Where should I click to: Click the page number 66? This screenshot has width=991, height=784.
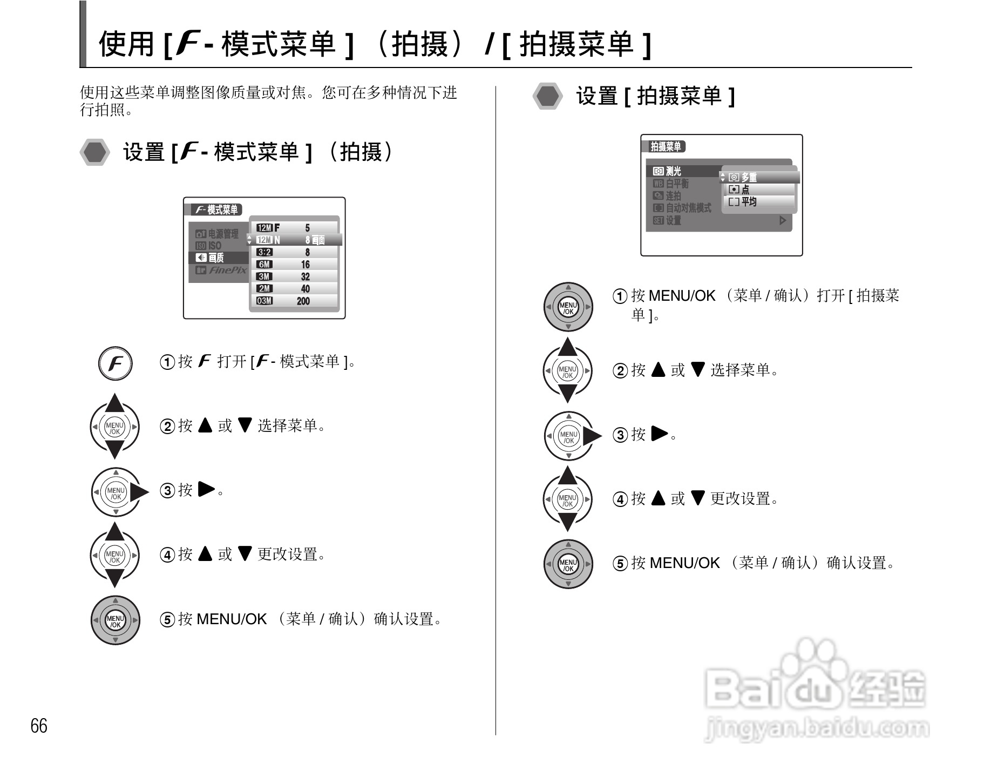point(39,726)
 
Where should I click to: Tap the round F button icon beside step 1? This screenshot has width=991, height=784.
point(115,363)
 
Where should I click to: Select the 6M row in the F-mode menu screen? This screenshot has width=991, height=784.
point(294,265)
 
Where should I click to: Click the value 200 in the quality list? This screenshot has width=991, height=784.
point(303,301)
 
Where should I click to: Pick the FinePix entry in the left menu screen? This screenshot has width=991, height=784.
point(222,270)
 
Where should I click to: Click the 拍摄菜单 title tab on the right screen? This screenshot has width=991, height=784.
point(666,147)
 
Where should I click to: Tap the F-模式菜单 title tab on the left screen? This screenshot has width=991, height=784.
point(216,210)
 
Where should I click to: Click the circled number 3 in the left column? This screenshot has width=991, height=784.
point(167,491)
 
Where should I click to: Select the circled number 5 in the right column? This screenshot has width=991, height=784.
point(620,564)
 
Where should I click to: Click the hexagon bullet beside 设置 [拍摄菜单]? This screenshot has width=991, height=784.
point(548,96)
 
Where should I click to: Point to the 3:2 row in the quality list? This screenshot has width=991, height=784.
point(294,252)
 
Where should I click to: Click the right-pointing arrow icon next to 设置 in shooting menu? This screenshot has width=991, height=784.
point(782,220)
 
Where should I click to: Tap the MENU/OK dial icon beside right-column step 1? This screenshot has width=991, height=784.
point(568,307)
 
